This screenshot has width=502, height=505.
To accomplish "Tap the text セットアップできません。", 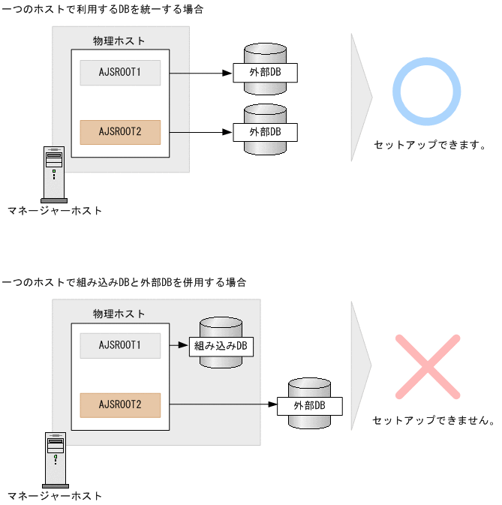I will [x=433, y=421].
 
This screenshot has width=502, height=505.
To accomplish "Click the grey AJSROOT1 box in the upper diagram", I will [x=120, y=73].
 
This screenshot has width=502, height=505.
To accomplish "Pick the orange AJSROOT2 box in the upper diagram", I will [x=120, y=132].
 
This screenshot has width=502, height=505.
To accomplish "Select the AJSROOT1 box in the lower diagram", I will [x=120, y=345].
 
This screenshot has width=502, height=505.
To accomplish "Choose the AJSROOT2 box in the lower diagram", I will [x=120, y=404].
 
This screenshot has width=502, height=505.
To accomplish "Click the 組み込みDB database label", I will [x=221, y=346].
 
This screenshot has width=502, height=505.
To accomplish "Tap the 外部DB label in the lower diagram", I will [x=309, y=405].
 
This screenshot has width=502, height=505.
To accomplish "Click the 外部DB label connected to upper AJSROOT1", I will [x=266, y=73].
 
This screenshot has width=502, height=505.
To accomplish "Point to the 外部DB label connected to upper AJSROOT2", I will [x=266, y=131].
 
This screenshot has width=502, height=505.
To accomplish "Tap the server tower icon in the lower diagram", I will [x=54, y=459].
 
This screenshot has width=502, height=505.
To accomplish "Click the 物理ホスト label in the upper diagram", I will [x=119, y=41].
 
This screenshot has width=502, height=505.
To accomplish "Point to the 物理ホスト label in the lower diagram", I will [x=119, y=313].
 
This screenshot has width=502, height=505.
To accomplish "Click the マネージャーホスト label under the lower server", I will [x=54, y=496].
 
